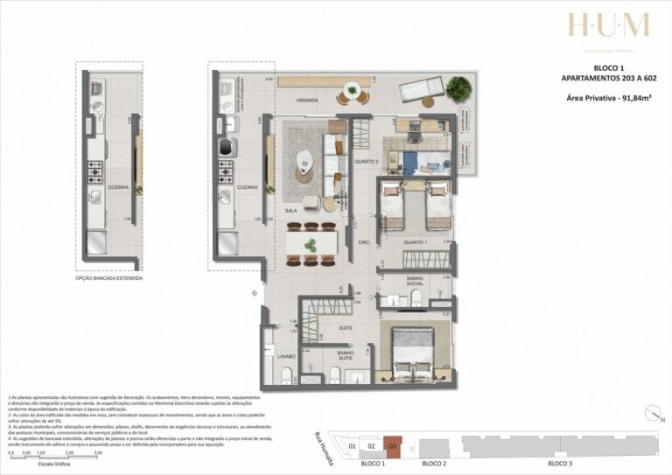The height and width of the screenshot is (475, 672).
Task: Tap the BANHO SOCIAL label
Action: point(416,281)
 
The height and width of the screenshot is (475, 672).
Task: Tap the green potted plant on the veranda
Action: point(457,87)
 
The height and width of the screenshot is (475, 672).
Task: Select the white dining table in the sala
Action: point(311,241)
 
